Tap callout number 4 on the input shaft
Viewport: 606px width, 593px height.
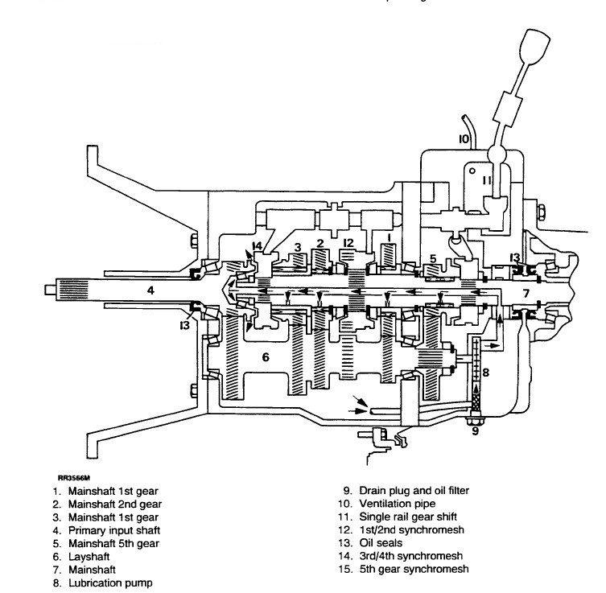[x=150, y=290]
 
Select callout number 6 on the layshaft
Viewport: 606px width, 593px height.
[x=266, y=357]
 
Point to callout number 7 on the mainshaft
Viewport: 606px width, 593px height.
[x=526, y=294]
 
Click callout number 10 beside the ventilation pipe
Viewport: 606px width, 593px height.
[x=464, y=138]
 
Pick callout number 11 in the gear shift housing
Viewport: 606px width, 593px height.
[x=486, y=180]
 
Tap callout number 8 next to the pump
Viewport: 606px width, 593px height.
[x=486, y=373]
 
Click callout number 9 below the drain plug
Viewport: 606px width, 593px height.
[x=475, y=430]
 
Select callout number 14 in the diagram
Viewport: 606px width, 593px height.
[x=257, y=245]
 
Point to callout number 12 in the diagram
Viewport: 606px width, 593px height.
[x=348, y=243]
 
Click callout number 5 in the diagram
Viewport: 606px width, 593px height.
[x=433, y=258]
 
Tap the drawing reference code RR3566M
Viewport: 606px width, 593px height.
[x=74, y=478]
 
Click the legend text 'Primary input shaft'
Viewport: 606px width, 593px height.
[x=114, y=530]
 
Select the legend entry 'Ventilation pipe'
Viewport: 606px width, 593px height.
[x=398, y=504]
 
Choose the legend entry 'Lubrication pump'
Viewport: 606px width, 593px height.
[x=110, y=583]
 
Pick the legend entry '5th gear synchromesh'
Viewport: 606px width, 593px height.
[x=414, y=569]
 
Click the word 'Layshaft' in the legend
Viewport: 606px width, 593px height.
[x=89, y=557]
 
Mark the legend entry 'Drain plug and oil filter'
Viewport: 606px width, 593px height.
[x=414, y=491]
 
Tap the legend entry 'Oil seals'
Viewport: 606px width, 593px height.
[x=381, y=543]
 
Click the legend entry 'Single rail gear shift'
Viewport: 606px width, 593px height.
[x=408, y=517]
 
